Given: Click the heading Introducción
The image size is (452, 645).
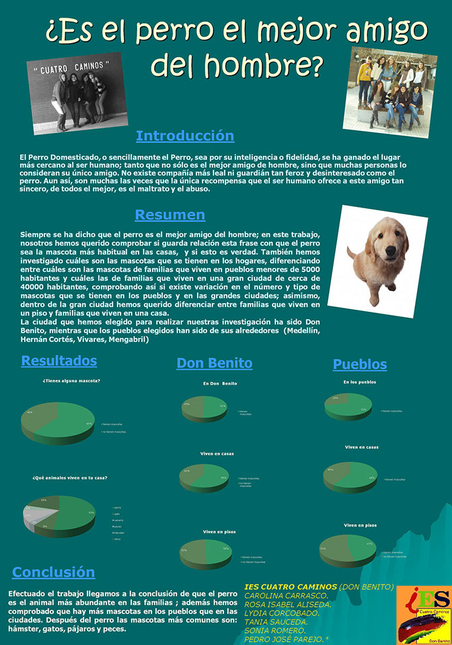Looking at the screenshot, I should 185,136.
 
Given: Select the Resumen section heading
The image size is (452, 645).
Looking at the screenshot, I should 169,215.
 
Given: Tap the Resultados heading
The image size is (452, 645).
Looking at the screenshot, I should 59,361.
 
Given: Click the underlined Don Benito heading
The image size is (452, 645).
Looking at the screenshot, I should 215,363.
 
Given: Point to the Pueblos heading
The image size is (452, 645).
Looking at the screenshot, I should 360,364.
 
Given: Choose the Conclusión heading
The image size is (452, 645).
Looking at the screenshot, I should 53,572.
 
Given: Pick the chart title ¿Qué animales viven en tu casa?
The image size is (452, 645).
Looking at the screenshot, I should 70,478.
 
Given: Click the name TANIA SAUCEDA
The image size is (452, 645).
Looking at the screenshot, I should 276,621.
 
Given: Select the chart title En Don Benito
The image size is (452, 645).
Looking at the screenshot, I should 220,383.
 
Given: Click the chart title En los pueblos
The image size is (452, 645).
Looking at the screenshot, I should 359,382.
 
